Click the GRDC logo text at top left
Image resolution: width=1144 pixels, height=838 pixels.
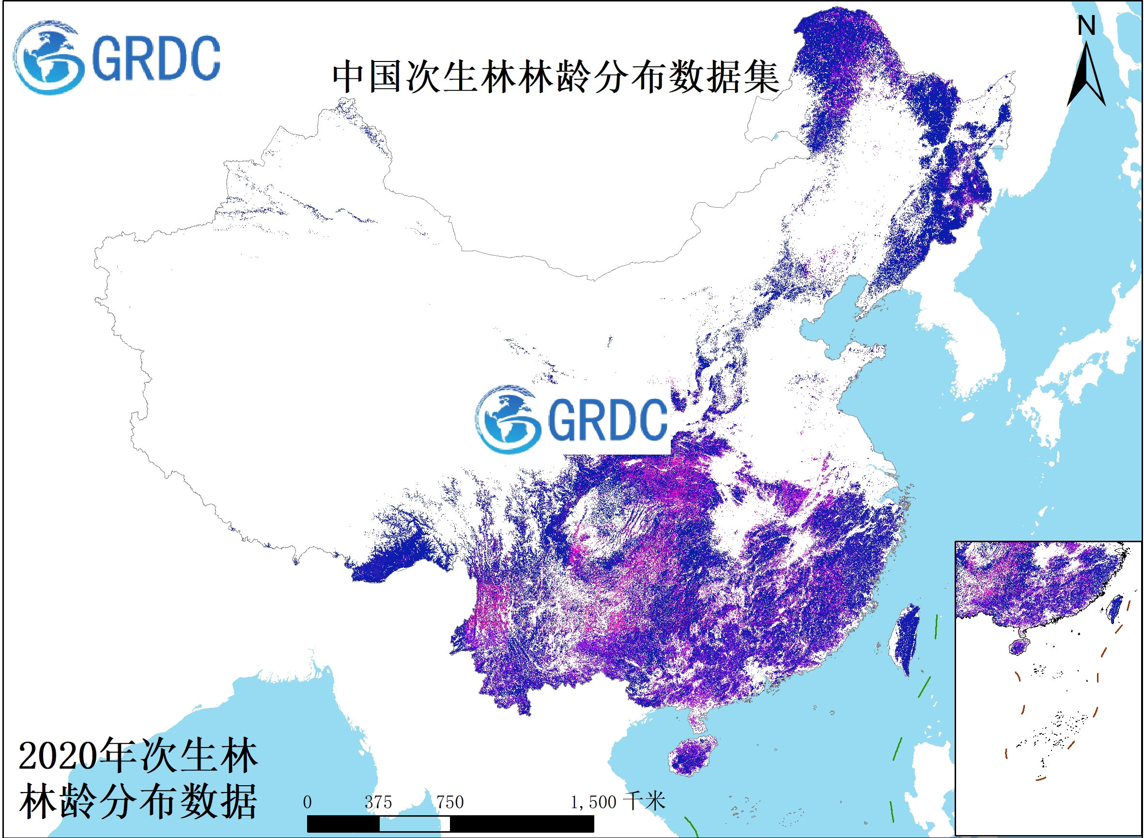156,58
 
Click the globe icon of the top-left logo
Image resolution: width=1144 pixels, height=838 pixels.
49,57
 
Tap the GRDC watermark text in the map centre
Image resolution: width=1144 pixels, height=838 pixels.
607,419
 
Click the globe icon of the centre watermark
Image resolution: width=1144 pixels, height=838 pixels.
508,419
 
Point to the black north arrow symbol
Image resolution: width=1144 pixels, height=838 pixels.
1086,76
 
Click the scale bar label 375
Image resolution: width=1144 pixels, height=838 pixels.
378,803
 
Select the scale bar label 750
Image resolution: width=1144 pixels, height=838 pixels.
449,803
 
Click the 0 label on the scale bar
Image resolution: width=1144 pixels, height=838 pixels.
307,803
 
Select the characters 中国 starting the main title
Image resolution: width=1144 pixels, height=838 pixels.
369,77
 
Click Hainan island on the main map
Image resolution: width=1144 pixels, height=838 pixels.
691,756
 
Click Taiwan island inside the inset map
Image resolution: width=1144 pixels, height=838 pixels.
1115,609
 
